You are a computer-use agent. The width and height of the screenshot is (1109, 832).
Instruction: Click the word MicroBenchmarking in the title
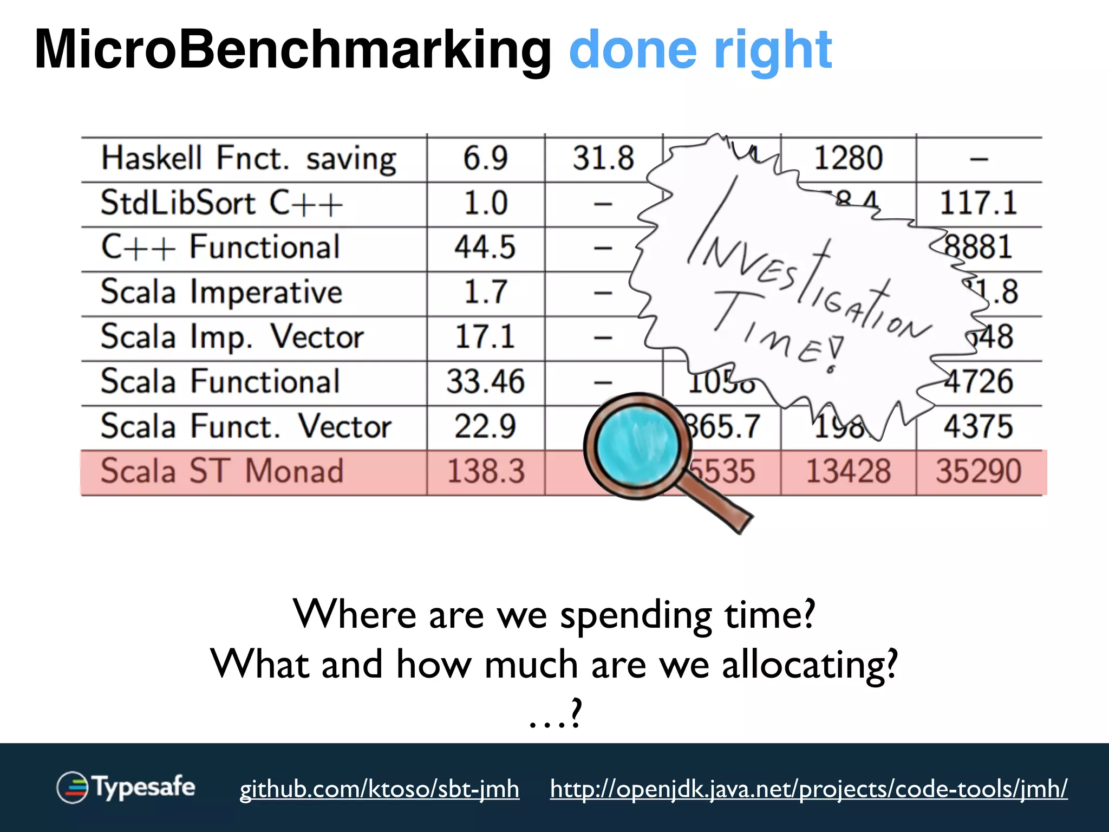pyautogui.click(x=292, y=50)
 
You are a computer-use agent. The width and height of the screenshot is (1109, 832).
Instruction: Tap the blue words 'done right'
pyautogui.click(x=700, y=50)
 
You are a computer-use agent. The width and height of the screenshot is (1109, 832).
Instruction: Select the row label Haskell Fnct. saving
pyautogui.click(x=249, y=159)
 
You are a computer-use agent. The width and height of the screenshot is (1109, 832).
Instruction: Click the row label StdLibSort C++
pyautogui.click(x=222, y=204)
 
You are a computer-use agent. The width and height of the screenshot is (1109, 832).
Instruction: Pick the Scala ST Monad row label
pyautogui.click(x=222, y=471)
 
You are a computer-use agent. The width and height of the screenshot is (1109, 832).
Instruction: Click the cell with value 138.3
pyautogui.click(x=486, y=471)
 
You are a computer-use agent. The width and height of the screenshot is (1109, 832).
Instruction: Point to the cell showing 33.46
pyautogui.click(x=486, y=381)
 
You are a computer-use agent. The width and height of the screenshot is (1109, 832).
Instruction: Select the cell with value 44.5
pyautogui.click(x=486, y=248)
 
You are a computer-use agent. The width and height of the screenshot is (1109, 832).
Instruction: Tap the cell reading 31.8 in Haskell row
pyautogui.click(x=603, y=159)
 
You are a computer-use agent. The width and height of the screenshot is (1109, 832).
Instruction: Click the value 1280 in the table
pyautogui.click(x=848, y=159)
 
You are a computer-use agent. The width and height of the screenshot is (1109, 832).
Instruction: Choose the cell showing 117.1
pyautogui.click(x=978, y=204)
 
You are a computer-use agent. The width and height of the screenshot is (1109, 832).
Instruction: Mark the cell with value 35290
pyautogui.click(x=978, y=471)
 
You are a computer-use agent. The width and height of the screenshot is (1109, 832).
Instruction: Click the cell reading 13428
pyautogui.click(x=848, y=471)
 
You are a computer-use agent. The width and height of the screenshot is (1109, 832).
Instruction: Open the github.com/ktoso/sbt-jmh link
pyautogui.click(x=379, y=789)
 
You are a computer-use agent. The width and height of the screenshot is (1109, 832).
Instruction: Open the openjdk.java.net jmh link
pyautogui.click(x=808, y=789)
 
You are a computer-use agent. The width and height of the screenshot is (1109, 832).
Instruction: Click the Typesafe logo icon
pyautogui.click(x=72, y=787)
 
